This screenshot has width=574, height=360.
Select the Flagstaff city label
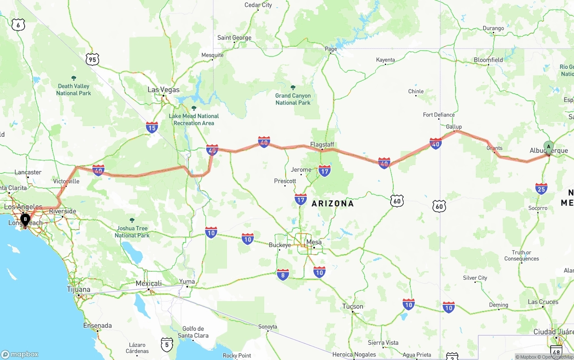(x=322, y=144)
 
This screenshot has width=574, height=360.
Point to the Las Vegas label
(x=163, y=90)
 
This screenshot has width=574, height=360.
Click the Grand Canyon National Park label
(x=293, y=99)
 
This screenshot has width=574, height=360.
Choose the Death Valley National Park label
(x=74, y=89)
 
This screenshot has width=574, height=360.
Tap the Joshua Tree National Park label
(x=132, y=231)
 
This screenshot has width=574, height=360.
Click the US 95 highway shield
(x=92, y=59)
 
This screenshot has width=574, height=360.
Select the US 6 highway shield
(x=18, y=25)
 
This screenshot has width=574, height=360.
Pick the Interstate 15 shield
(x=152, y=128)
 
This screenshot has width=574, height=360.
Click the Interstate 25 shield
(x=541, y=188)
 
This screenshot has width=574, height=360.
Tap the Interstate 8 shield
(x=283, y=274)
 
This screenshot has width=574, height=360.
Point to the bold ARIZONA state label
(x=333, y=204)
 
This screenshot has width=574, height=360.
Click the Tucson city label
(x=352, y=307)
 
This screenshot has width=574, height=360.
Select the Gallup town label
(x=454, y=127)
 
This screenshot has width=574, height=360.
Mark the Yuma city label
(x=187, y=282)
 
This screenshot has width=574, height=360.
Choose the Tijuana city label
(x=78, y=290)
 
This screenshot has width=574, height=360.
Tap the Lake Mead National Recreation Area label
(x=194, y=119)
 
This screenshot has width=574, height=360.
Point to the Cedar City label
(x=258, y=5)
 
